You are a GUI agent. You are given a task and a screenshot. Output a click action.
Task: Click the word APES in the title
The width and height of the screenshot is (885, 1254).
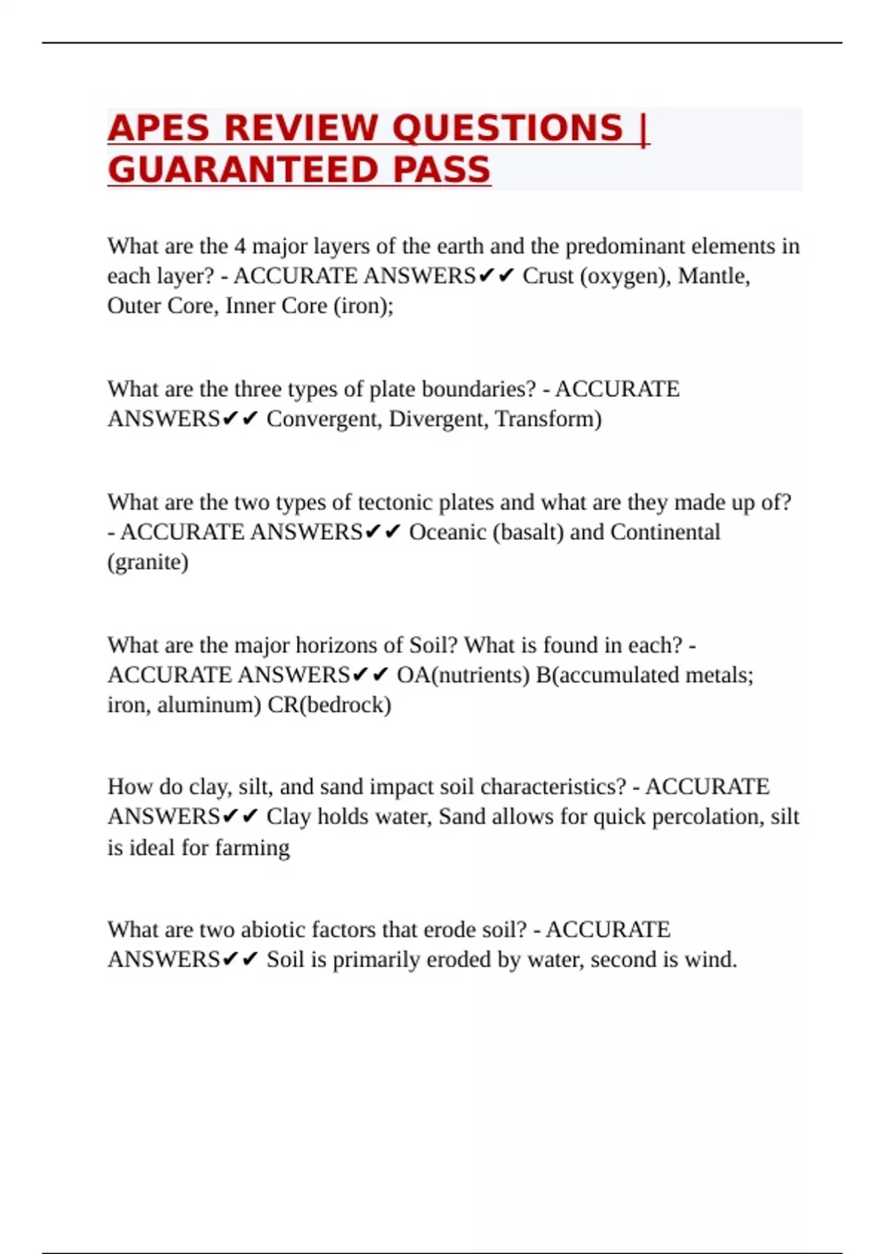pyautogui.click(x=159, y=128)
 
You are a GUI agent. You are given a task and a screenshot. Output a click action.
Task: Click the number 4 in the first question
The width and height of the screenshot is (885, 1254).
pyautogui.click(x=240, y=246)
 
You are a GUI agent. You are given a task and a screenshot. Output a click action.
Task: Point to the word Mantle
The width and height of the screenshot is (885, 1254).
pyautogui.click(x=713, y=276)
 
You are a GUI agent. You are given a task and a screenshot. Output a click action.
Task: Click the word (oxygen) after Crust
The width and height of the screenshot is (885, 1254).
pyautogui.click(x=624, y=276)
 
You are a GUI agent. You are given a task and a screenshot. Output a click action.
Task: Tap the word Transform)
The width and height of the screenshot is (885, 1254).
pyautogui.click(x=548, y=419)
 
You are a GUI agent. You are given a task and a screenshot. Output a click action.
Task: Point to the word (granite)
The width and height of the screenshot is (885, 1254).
pyautogui.click(x=147, y=562)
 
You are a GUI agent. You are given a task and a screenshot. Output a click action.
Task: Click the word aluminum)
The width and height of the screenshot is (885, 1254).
pyautogui.click(x=209, y=705)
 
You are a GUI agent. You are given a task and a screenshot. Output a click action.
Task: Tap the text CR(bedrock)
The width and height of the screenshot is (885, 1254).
pyautogui.click(x=329, y=705)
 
